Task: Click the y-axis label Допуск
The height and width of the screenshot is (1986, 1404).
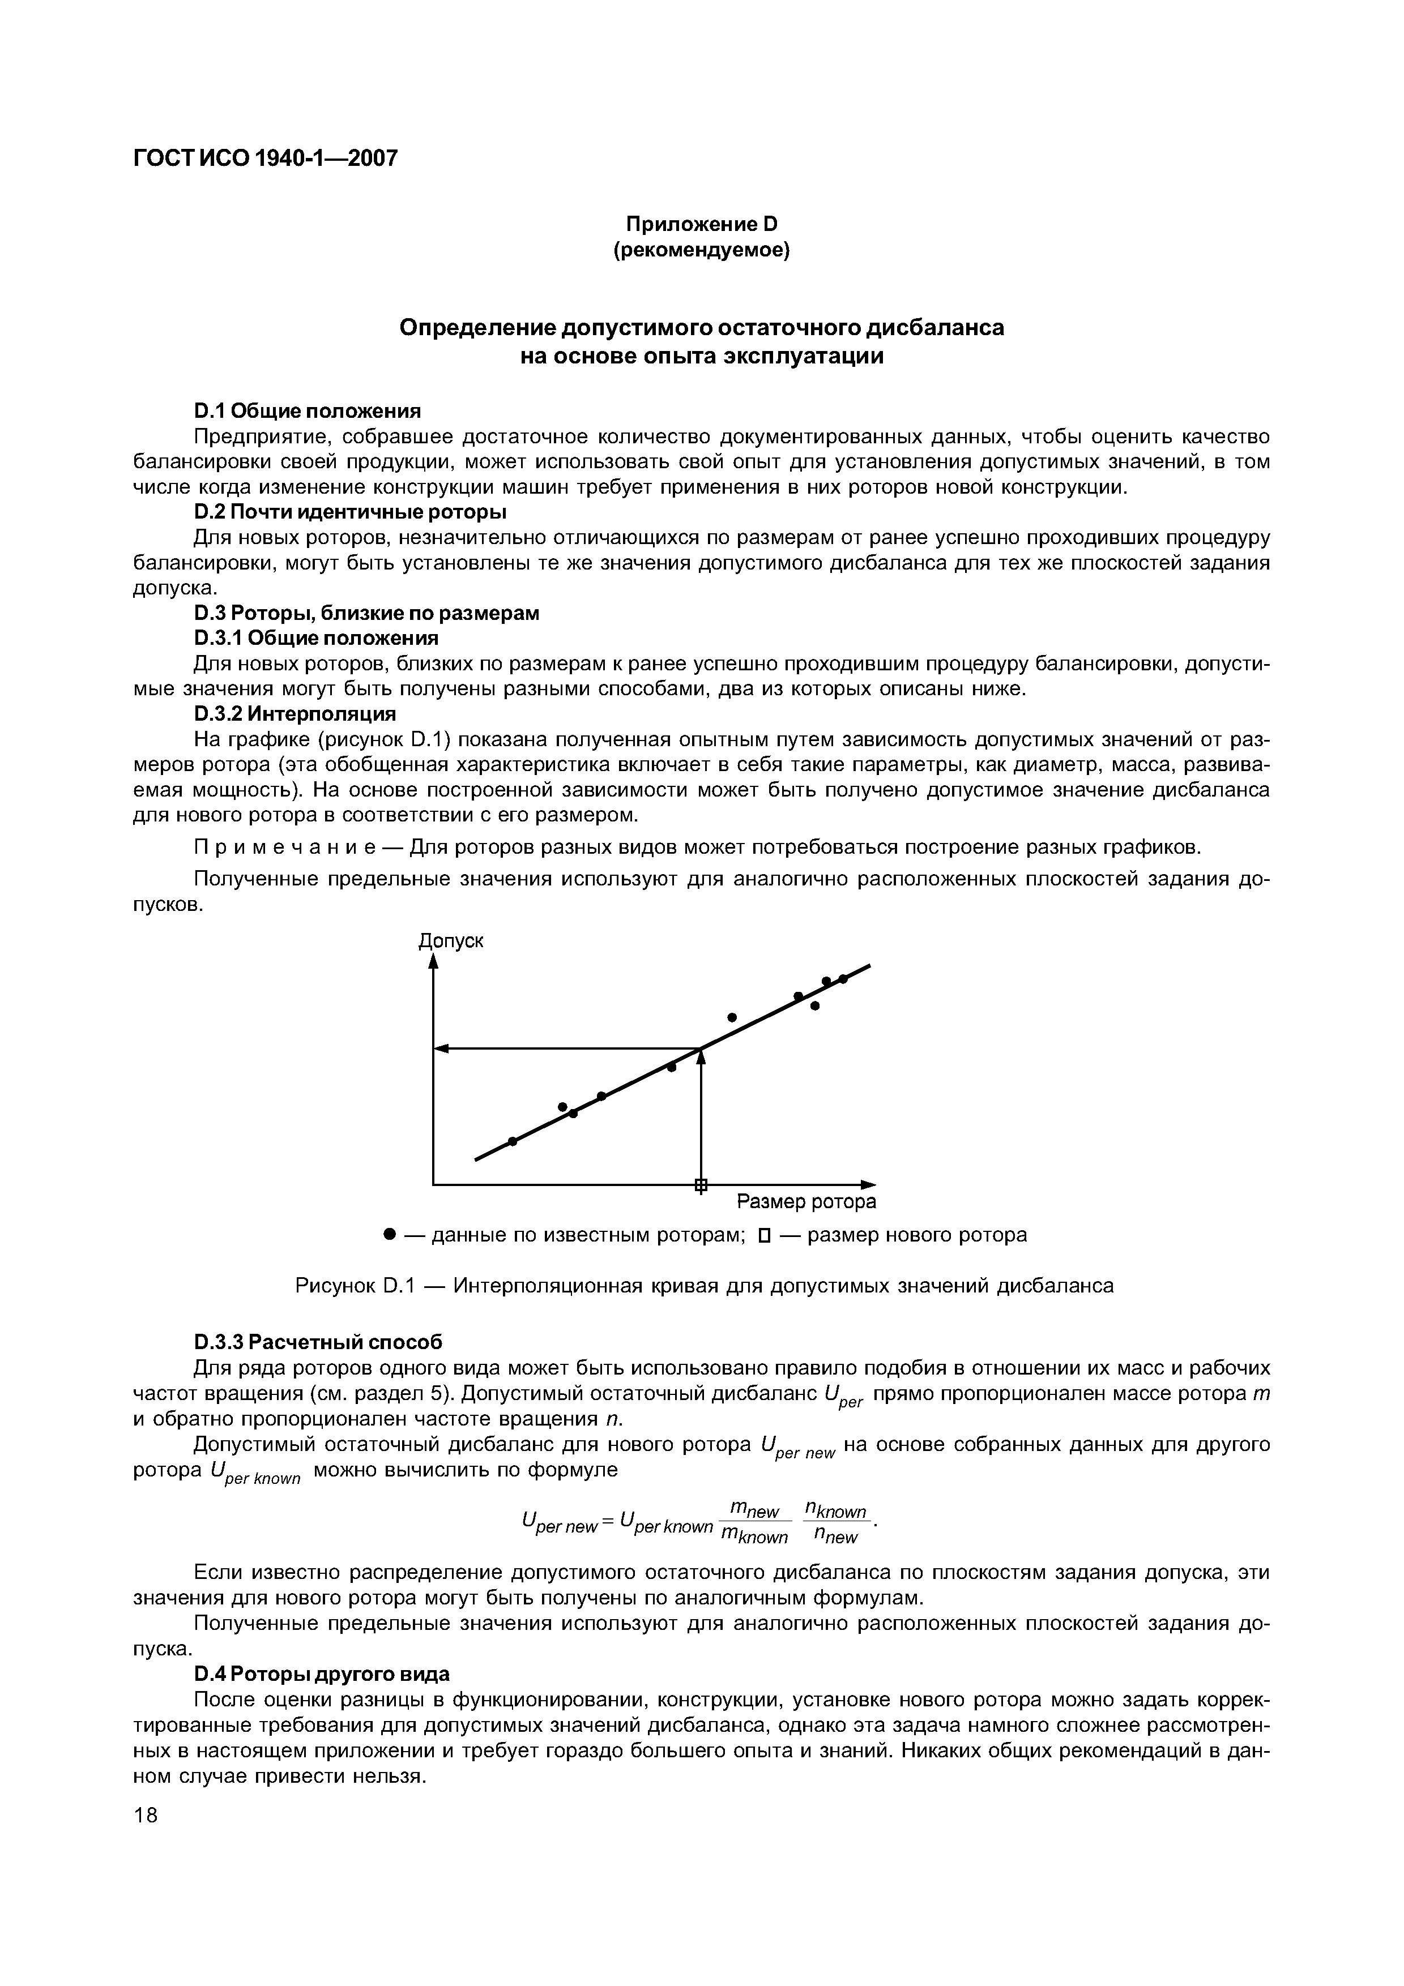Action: pyautogui.click(x=451, y=940)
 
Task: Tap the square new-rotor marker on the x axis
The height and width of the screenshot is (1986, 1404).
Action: pyautogui.click(x=701, y=1185)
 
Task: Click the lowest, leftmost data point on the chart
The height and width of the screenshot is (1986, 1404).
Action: pyautogui.click(x=512, y=1141)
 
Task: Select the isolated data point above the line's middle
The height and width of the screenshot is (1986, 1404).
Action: pyautogui.click(x=732, y=1016)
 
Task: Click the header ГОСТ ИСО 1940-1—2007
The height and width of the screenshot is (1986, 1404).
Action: pyautogui.click(x=266, y=159)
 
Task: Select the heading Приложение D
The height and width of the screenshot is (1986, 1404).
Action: pyautogui.click(x=702, y=224)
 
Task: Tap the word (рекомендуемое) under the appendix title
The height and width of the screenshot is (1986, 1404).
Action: pyautogui.click(x=702, y=250)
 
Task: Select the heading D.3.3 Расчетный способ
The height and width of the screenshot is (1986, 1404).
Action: pyautogui.click(x=318, y=1342)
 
